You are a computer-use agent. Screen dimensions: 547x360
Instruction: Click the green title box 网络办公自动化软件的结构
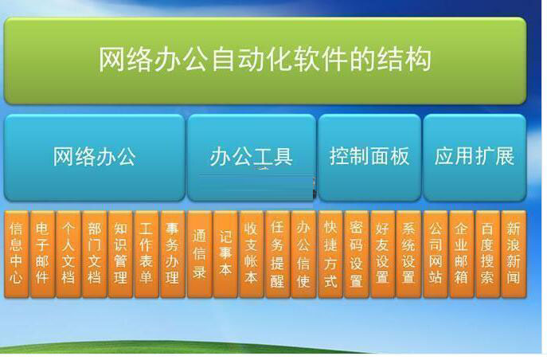coord(265,61)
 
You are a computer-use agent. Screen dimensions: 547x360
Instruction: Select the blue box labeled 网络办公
coord(95,158)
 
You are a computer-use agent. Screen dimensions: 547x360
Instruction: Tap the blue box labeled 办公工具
coord(252,158)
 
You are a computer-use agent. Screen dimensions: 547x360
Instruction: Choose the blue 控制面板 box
coord(369,158)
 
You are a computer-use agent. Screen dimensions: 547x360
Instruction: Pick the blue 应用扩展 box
coord(475,158)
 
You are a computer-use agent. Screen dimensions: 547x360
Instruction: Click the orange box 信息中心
coord(17,254)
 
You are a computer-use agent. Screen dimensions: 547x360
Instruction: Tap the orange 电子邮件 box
coord(42,254)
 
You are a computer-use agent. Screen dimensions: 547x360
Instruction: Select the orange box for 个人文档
coord(68,254)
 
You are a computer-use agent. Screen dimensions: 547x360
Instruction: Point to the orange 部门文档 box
coord(95,254)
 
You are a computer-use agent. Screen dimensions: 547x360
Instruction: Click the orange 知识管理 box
coord(120,254)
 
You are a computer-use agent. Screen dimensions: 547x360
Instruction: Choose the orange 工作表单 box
coord(147,254)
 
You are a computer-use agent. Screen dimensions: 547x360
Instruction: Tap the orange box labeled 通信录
coord(200,254)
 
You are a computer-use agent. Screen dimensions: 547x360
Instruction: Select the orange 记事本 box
coord(225,254)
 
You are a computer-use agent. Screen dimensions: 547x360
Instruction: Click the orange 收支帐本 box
coord(252,254)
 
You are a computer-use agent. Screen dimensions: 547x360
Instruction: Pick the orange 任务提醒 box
coord(278,254)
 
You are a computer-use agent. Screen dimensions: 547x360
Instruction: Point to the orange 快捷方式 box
coord(330,254)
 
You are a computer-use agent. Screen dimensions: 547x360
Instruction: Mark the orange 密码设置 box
coord(357,254)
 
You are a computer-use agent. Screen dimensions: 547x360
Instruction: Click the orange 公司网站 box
coord(436,254)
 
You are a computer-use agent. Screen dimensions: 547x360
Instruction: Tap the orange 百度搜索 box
coord(488,254)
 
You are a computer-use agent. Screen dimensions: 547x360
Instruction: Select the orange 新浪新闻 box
coord(514,254)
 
